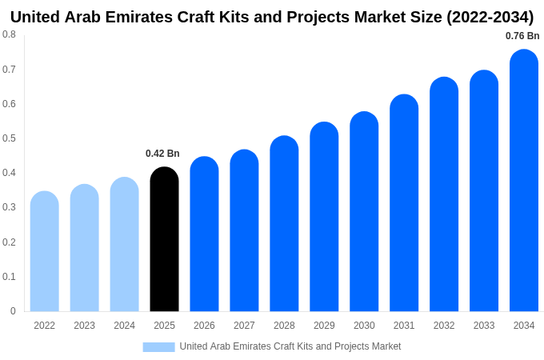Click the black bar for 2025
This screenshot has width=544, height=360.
[x=164, y=240]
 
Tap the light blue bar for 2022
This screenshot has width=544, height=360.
[x=45, y=252]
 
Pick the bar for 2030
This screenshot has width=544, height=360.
[x=364, y=212]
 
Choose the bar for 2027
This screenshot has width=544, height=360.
[x=244, y=231]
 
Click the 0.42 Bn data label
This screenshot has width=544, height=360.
[x=162, y=154]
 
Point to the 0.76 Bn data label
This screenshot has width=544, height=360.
[x=522, y=36]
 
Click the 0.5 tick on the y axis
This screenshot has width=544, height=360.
[x=9, y=138]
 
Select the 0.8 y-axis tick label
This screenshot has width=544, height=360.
[x=9, y=34]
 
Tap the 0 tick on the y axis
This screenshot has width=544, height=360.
[x=13, y=311]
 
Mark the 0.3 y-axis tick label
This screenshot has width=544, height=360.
[x=9, y=207]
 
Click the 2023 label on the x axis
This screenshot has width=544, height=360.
[x=84, y=326]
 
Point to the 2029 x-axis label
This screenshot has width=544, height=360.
[x=324, y=326]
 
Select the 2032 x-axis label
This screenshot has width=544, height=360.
[x=444, y=326]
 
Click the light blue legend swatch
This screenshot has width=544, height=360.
[x=158, y=346]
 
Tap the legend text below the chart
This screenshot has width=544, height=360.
[x=290, y=346]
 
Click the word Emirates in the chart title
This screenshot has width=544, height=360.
[x=142, y=17]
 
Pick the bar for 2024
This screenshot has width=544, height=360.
[x=124, y=245]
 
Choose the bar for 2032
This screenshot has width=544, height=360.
[x=444, y=195]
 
